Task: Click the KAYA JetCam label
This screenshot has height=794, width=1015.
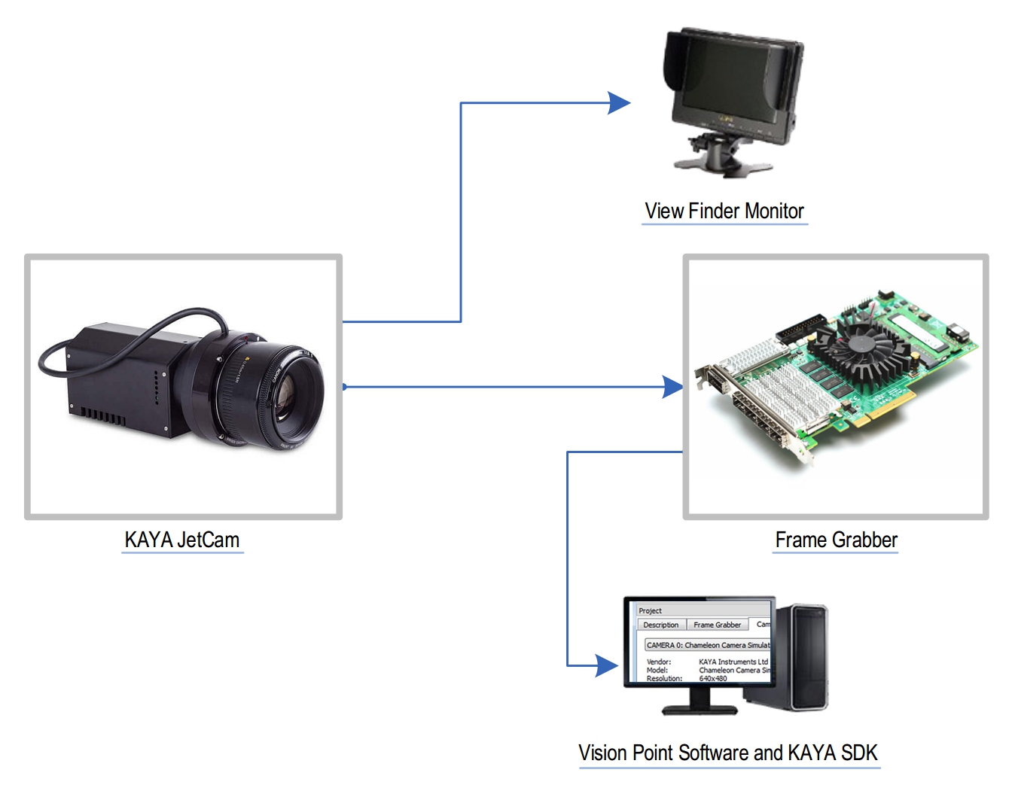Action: coord(182,540)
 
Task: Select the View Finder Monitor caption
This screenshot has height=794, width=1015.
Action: coord(724,211)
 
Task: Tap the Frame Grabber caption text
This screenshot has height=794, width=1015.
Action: coord(836,540)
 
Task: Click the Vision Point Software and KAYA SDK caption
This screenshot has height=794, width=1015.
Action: coord(727,753)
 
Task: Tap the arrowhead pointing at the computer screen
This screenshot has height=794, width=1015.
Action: coord(607,665)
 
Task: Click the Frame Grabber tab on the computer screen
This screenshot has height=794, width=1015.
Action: coord(717,625)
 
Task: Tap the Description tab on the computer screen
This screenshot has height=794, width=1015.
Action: coord(660,625)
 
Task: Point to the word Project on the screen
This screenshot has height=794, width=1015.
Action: coord(650,610)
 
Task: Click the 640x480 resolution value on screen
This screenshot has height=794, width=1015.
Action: coord(713,678)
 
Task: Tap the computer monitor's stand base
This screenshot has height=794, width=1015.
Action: coord(699,709)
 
